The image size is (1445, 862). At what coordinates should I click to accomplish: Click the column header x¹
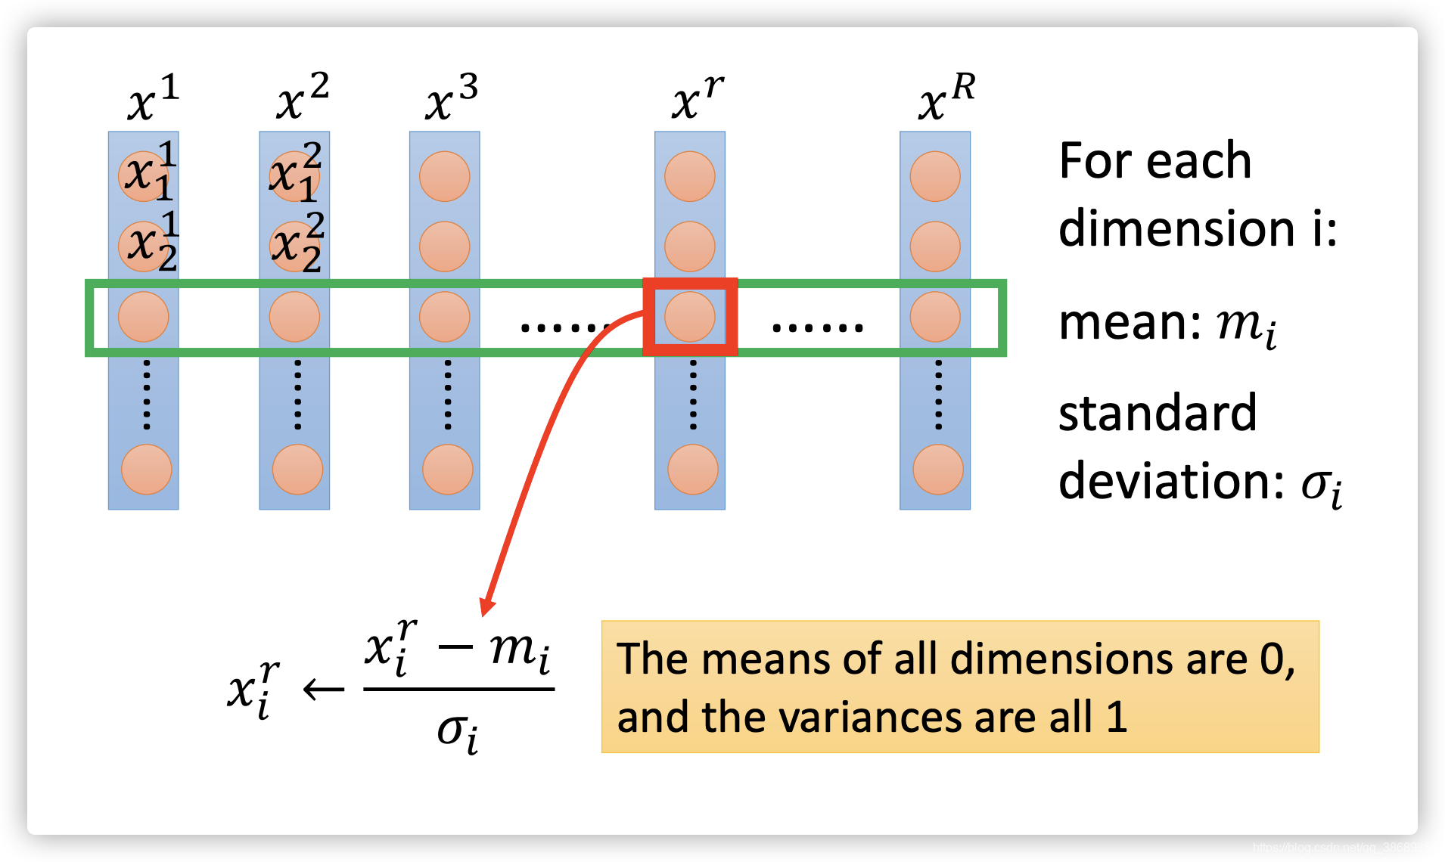click(152, 99)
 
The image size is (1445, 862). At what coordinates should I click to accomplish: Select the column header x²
click(302, 99)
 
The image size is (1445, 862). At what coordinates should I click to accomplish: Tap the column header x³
click(451, 99)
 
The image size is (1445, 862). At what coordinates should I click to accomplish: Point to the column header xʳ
click(696, 99)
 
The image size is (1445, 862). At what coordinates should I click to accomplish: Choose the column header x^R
click(946, 99)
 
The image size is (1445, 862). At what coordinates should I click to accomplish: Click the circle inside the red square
click(689, 317)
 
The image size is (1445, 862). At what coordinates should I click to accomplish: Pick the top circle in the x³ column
click(445, 176)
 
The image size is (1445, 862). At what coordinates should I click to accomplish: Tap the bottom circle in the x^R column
click(937, 470)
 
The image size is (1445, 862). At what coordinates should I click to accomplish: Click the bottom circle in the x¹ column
click(147, 470)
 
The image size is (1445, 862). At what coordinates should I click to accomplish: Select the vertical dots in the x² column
click(297, 395)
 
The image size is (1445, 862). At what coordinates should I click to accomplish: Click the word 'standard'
click(1157, 414)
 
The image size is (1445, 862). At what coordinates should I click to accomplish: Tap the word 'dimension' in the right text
click(1176, 228)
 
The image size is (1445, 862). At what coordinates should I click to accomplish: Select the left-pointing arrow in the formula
click(324, 689)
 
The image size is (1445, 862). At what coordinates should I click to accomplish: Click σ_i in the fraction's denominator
click(458, 732)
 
